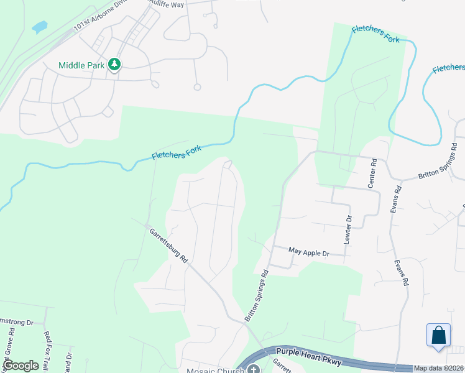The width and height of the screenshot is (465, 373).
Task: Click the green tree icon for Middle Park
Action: click(114, 64)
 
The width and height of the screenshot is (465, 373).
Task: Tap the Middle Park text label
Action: click(82, 65)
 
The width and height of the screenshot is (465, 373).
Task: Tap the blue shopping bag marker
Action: click(438, 334)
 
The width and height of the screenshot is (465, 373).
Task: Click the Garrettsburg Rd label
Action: click(168, 246)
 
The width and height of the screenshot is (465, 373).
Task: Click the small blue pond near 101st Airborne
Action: click(39, 27)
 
